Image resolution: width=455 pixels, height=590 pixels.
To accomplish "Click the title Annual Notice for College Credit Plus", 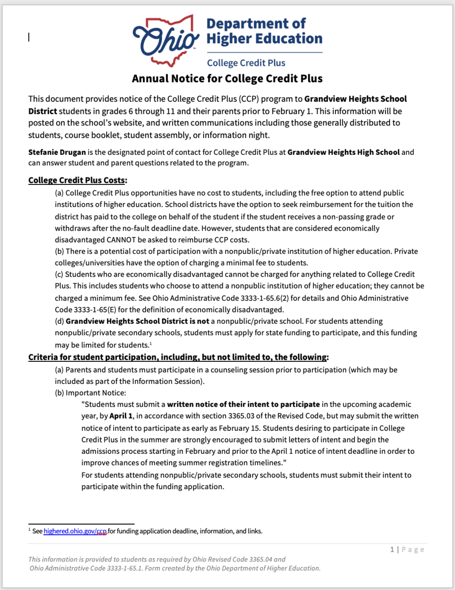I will point(227,78).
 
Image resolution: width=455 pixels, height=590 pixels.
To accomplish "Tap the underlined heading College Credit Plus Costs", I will point(78,180).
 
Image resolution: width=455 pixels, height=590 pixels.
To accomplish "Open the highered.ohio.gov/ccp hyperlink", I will point(75,531).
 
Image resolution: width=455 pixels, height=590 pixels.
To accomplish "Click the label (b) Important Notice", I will point(91,392).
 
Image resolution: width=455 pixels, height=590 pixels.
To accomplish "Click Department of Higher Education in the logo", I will point(264,30).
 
